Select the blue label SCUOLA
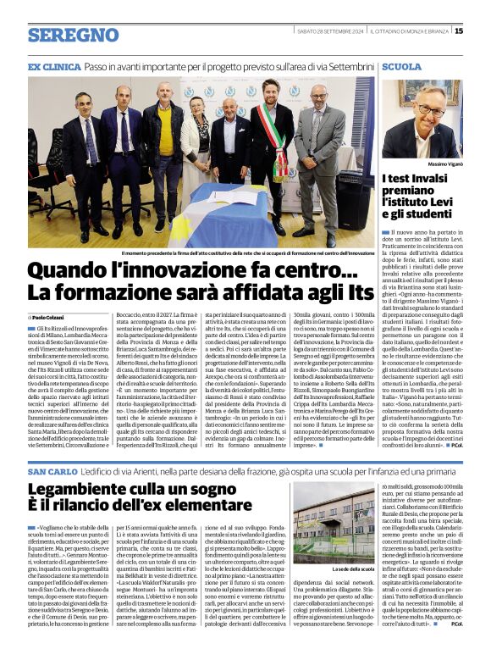tap(401, 66)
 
